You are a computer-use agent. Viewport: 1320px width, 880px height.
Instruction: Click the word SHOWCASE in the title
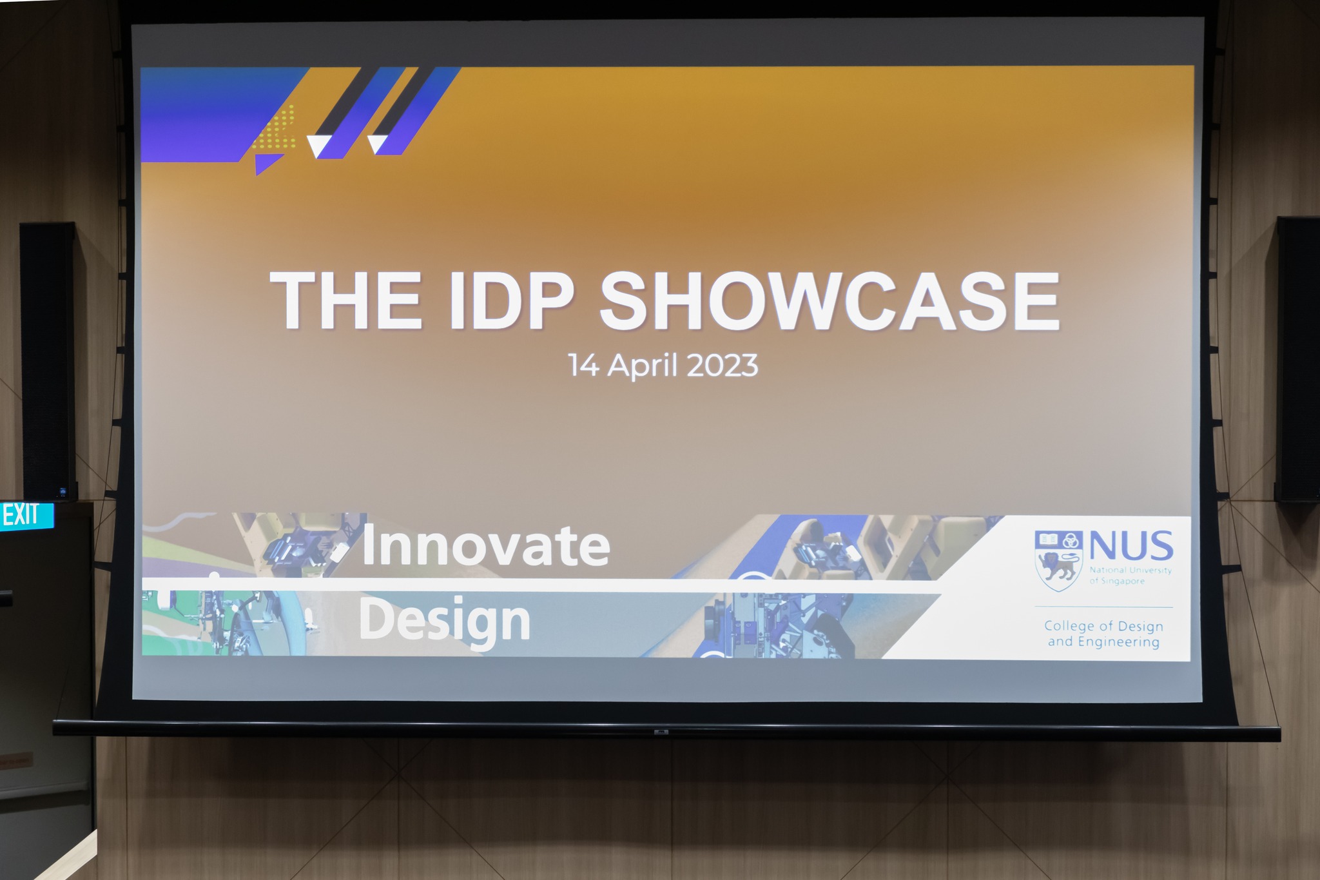click(x=830, y=300)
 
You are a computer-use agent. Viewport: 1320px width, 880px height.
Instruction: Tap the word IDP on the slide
click(x=510, y=300)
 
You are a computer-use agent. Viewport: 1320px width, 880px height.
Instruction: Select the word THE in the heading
click(x=347, y=300)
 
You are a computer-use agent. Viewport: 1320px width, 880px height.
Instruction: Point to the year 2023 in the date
click(x=722, y=366)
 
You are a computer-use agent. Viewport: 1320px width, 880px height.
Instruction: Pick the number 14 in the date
click(x=584, y=366)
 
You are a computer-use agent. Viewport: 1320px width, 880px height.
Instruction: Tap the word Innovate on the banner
click(x=485, y=545)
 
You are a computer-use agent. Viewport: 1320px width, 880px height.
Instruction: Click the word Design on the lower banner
click(x=444, y=621)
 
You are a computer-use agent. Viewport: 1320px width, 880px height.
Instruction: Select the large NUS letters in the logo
click(x=1131, y=547)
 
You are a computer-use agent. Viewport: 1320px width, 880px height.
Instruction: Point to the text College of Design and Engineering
click(x=1103, y=634)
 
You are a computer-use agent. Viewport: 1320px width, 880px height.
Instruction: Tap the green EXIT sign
click(x=26, y=516)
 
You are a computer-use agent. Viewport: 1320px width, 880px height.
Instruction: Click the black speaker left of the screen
click(x=49, y=361)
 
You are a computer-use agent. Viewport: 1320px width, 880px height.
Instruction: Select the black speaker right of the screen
click(x=1297, y=359)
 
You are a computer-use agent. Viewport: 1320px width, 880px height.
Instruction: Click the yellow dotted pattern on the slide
click(x=275, y=127)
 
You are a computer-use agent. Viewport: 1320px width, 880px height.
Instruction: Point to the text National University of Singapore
click(x=1131, y=576)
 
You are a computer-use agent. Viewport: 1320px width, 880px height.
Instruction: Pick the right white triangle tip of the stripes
click(x=376, y=143)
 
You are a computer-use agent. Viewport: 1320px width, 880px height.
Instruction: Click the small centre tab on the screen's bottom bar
click(x=661, y=732)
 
